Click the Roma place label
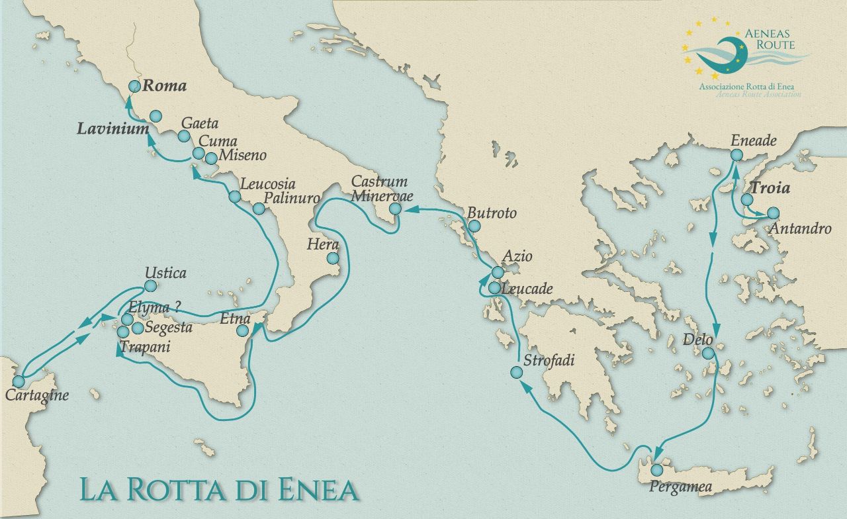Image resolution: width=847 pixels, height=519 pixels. point(165,86)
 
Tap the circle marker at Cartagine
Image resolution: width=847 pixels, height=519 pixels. point(19,381)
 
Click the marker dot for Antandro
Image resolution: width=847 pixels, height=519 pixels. point(773,213)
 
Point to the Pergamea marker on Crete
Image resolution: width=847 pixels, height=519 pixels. point(656,469)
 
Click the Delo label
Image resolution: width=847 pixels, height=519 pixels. point(698,340)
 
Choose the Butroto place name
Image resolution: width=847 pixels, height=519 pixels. point(492,214)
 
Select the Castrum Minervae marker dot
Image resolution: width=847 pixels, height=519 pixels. point(395,209)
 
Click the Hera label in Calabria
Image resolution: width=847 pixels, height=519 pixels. point(322,244)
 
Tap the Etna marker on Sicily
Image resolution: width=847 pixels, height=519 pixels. point(243,330)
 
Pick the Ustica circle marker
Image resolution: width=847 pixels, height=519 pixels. point(150,286)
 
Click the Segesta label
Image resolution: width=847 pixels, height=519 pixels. point(169,327)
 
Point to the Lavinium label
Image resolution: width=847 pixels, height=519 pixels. point(112,129)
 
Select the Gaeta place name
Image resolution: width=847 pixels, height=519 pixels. point(199,124)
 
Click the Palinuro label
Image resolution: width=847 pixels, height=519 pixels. point(292,198)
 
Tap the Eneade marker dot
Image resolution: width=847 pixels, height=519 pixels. point(736,155)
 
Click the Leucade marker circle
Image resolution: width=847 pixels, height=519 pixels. point(494,288)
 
